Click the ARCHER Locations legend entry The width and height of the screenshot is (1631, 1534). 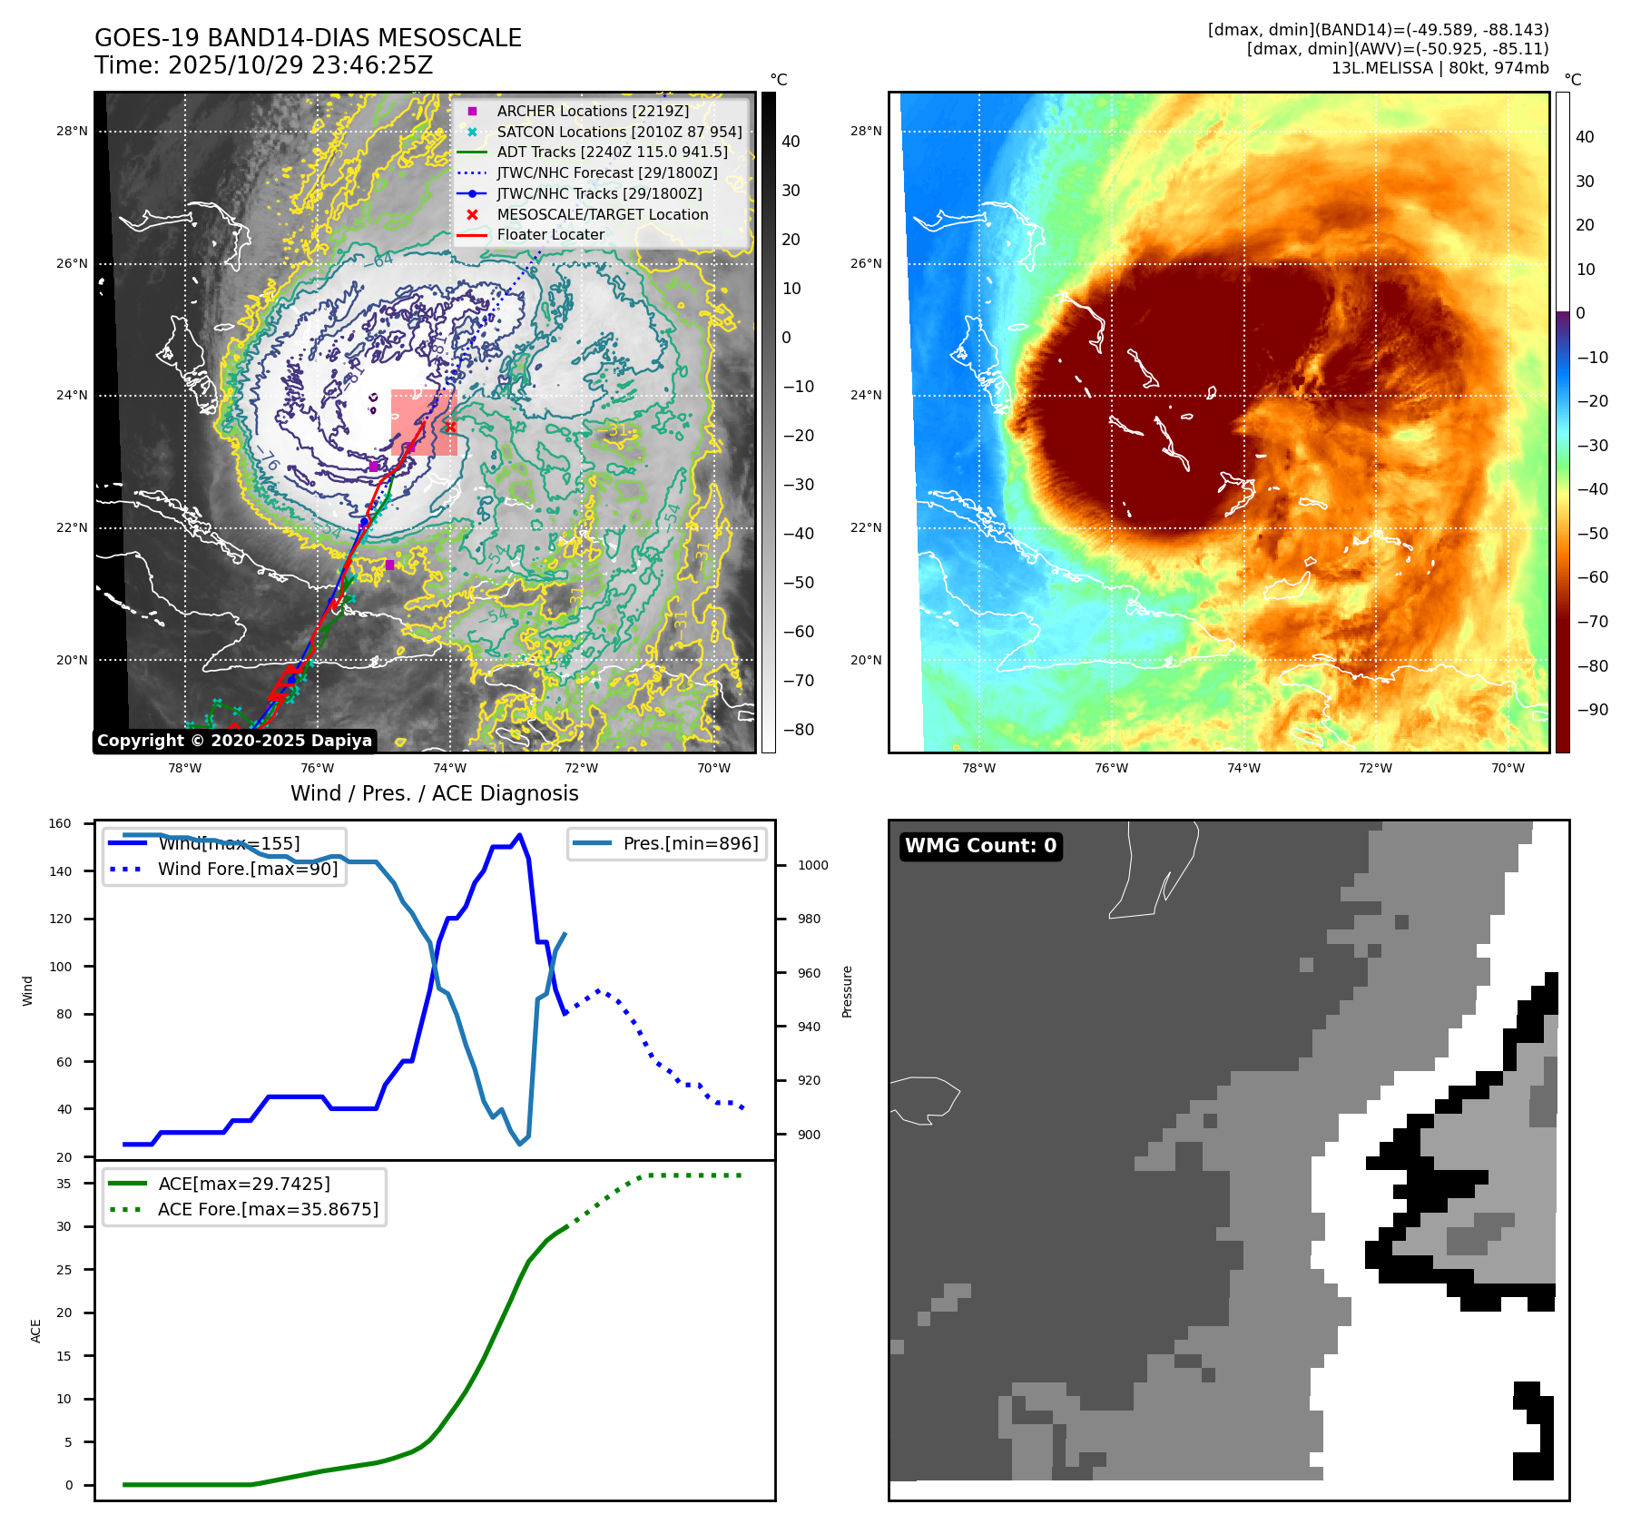pyautogui.click(x=593, y=111)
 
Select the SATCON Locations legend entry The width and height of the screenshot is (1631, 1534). pyautogui.click(x=619, y=132)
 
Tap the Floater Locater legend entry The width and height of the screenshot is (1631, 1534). pyautogui.click(x=550, y=234)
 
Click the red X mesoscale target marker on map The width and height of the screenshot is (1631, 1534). pyautogui.click(x=450, y=427)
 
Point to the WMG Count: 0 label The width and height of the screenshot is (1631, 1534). pyautogui.click(x=980, y=846)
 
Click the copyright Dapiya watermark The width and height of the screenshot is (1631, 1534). pyautogui.click(x=234, y=741)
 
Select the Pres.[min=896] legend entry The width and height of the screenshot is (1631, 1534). pyautogui.click(x=690, y=843)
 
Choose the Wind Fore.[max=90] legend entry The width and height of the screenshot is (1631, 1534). pyautogui.click(x=247, y=869)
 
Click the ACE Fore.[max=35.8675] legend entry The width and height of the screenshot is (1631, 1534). pyautogui.click(x=268, y=1209)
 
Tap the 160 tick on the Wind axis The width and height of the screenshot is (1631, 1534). pyautogui.click(x=60, y=824)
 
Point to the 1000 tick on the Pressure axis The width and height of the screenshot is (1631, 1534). pyautogui.click(x=812, y=865)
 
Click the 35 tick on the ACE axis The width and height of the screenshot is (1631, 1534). pyautogui.click(x=64, y=1184)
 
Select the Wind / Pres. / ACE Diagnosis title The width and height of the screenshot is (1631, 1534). pyautogui.click(x=434, y=793)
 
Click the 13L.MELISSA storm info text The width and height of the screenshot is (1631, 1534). pyautogui.click(x=1439, y=68)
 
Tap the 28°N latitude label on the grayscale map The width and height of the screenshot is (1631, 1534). pyautogui.click(x=72, y=131)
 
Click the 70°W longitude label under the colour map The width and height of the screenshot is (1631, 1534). pyautogui.click(x=1508, y=769)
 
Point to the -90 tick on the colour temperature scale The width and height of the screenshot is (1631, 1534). pyautogui.click(x=1592, y=710)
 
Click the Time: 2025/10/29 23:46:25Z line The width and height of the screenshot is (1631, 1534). pyautogui.click(x=263, y=65)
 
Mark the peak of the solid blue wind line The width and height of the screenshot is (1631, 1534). pyautogui.click(x=519, y=835)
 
